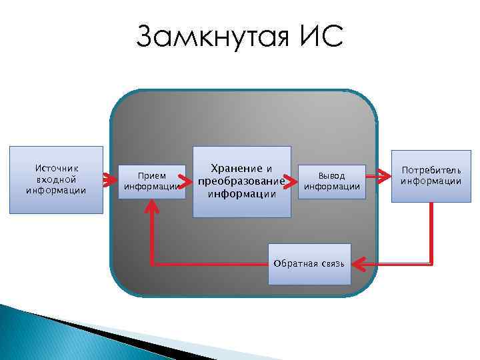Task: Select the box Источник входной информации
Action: [x=56, y=180]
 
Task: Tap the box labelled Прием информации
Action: [x=151, y=181]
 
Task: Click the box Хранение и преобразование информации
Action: [x=242, y=181]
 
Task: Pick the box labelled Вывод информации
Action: [x=331, y=181]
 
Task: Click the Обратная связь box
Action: [x=309, y=264]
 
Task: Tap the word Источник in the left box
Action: [x=56, y=169]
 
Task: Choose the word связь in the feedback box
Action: [x=330, y=264]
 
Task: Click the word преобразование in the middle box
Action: [x=241, y=181]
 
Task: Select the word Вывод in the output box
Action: [x=331, y=176]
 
